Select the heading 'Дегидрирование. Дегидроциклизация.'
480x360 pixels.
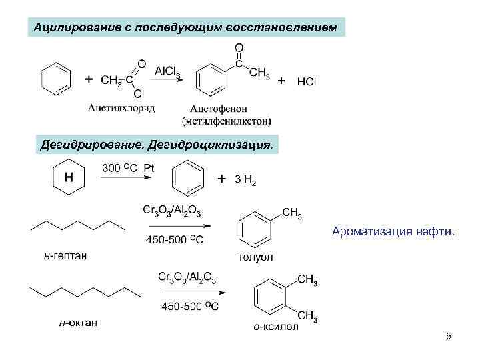click(x=157, y=144)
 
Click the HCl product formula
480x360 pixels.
click(x=307, y=81)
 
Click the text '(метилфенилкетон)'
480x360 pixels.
click(x=227, y=121)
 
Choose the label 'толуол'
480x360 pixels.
click(x=255, y=257)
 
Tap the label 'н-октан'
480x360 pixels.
click(x=78, y=323)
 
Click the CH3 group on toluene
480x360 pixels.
click(x=292, y=213)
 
